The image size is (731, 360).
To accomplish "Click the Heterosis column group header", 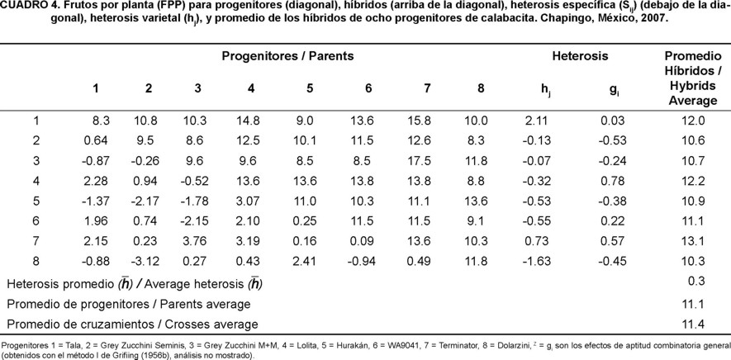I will tap(579, 56).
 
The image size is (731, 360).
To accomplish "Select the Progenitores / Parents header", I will tap(287, 56).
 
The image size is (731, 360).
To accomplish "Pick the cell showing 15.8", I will tap(422, 121).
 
